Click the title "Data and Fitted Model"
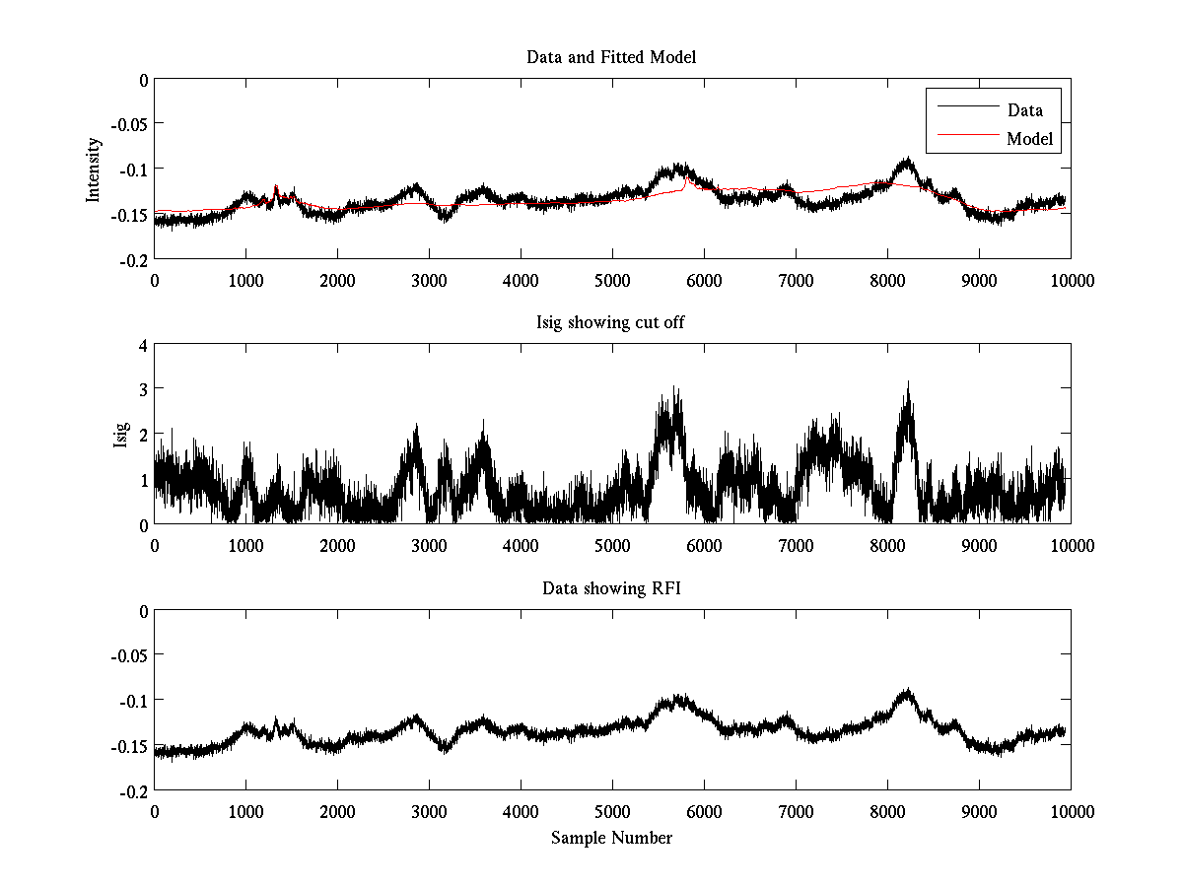tap(611, 57)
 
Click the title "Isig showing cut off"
tap(611, 323)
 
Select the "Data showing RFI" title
tap(611, 588)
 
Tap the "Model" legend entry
tap(1029, 139)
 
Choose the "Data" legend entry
tap(1024, 110)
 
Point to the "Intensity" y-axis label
tap(94, 169)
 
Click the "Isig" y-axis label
tap(121, 435)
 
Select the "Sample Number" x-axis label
tap(611, 838)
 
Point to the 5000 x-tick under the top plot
tap(612, 280)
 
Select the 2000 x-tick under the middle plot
tap(337, 546)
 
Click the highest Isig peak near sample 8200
tap(907, 383)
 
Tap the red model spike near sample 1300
tap(275, 185)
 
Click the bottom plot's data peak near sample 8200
tap(907, 691)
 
